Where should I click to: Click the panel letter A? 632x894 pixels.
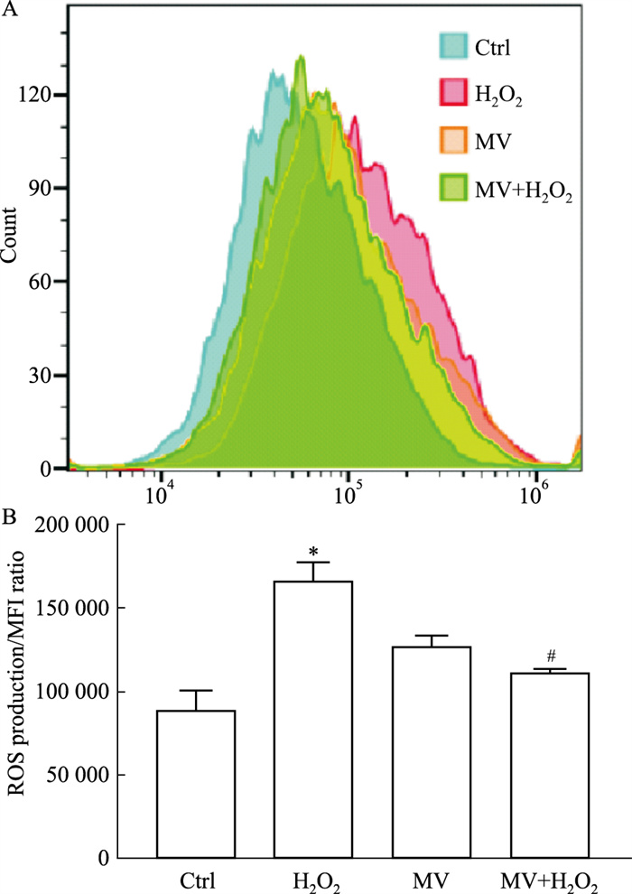tap(9, 11)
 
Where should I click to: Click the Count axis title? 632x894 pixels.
tap(12, 234)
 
